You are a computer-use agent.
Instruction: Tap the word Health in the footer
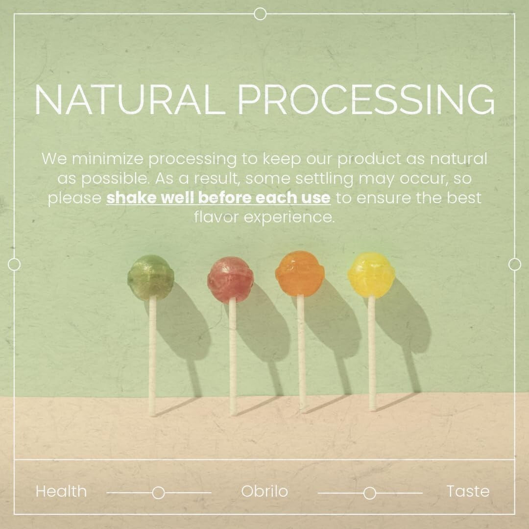(x=61, y=491)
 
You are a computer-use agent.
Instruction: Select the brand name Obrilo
(x=264, y=491)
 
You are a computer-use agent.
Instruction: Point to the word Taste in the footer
(x=468, y=491)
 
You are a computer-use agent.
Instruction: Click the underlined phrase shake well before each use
(x=218, y=198)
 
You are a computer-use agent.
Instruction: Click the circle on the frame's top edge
(x=261, y=14)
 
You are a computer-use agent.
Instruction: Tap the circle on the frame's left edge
(x=14, y=264)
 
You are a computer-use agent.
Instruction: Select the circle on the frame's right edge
(x=515, y=264)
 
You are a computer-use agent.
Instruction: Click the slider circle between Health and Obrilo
(x=158, y=493)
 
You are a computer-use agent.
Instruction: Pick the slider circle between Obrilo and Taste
(x=370, y=493)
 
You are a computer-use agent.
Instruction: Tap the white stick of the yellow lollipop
(x=372, y=353)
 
